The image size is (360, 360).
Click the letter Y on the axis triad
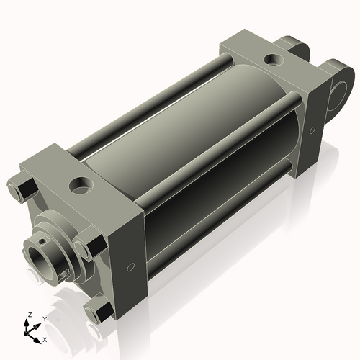click(45, 318)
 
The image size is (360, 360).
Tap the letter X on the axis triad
click(45, 338)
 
